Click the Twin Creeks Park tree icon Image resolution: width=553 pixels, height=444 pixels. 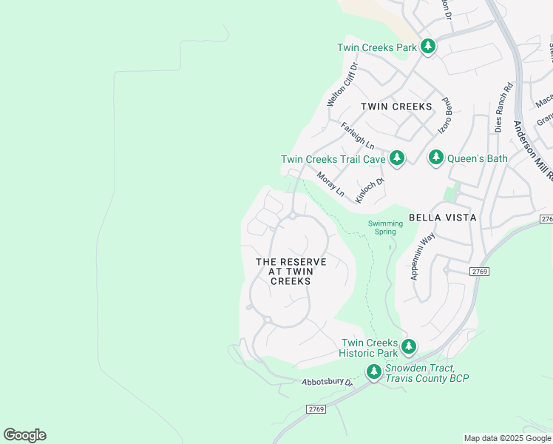click(x=427, y=47)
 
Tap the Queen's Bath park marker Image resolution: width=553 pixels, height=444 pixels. click(x=436, y=158)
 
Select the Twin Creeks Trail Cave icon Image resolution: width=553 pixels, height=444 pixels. click(x=397, y=158)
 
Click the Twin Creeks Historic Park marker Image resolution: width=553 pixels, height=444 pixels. click(x=408, y=346)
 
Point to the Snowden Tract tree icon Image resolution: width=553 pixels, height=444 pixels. click(x=374, y=371)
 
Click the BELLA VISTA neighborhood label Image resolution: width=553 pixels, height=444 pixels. click(x=443, y=218)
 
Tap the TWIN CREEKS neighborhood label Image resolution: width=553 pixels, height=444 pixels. click(x=396, y=107)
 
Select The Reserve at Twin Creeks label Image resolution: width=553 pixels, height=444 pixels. click(x=291, y=272)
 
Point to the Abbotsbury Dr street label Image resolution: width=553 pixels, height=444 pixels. click(x=328, y=383)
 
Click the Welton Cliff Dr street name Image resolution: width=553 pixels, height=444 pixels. click(x=343, y=84)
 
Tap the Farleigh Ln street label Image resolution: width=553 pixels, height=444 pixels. click(x=357, y=135)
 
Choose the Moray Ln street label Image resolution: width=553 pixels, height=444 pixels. click(x=330, y=184)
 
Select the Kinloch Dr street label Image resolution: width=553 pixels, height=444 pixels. click(x=370, y=189)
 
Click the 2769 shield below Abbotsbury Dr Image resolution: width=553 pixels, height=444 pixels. click(x=316, y=409)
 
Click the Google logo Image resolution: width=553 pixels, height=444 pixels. click(x=24, y=435)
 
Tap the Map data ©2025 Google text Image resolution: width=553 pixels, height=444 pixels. click(x=506, y=438)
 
